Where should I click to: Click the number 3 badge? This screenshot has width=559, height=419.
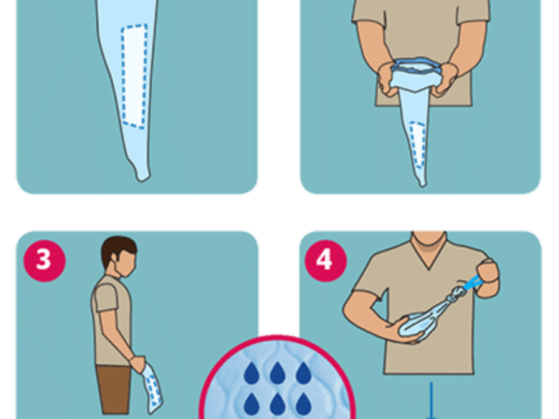[x=45, y=261]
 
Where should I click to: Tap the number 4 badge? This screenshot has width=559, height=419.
[x=325, y=261]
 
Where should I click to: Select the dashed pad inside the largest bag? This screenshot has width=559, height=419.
[x=134, y=76]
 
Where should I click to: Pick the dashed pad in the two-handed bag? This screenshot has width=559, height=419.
[x=417, y=145]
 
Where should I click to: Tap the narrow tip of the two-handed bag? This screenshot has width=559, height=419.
[x=422, y=183]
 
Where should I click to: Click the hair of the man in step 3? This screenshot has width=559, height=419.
[x=116, y=248]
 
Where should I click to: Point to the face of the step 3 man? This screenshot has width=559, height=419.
[x=127, y=264]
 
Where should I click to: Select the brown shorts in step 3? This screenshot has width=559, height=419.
[x=114, y=389]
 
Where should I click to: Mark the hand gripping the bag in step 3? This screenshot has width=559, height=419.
[x=138, y=363]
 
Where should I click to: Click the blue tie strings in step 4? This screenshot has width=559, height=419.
[x=472, y=284]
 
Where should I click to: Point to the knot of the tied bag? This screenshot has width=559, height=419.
[x=457, y=294]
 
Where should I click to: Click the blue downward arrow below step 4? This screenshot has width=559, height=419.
[x=431, y=400]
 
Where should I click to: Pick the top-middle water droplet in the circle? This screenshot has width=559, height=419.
[x=277, y=373]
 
